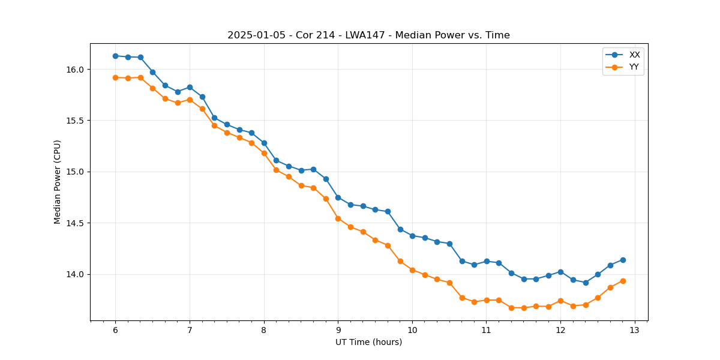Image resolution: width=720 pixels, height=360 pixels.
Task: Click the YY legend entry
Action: pos(634,67)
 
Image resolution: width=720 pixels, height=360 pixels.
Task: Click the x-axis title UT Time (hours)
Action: pos(368,342)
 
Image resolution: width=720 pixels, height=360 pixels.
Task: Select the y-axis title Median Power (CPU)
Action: pos(58,182)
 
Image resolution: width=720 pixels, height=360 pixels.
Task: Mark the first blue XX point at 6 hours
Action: pos(115,56)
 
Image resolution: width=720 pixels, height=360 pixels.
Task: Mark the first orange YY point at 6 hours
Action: pos(115,77)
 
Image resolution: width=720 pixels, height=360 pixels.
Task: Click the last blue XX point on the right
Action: pos(623,260)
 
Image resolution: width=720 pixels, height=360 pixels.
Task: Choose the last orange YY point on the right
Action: pos(623,281)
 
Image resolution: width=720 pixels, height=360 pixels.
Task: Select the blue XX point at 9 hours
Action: pos(338,197)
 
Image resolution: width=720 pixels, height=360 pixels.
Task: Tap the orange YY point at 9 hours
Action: pos(338,218)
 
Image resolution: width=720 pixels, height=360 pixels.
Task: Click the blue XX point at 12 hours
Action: pos(560,272)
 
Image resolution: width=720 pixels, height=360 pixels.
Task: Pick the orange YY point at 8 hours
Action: pos(264,153)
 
